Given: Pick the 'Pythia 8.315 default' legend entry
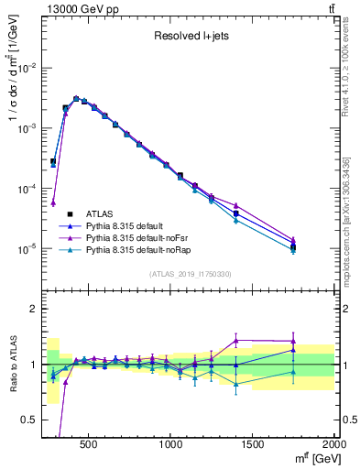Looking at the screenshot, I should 129,226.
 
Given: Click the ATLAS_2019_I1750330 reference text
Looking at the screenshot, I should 190,274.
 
